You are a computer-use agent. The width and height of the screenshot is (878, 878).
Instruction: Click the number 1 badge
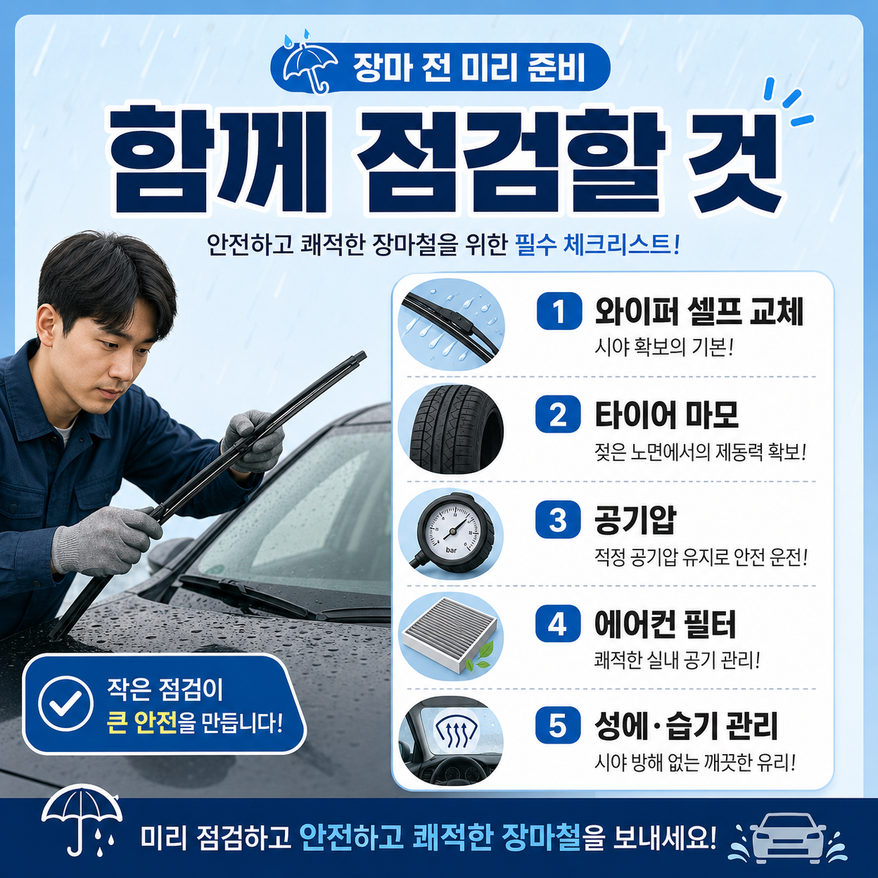coord(559,311)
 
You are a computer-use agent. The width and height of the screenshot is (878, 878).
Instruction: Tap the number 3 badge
coord(558,520)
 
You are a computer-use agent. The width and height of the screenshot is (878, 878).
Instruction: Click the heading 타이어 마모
coord(666,415)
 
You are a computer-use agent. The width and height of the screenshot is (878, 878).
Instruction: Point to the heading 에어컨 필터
coord(665,624)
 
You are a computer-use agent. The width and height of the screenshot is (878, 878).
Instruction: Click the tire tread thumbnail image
coord(451,429)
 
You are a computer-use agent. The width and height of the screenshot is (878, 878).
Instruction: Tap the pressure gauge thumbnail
coord(451,533)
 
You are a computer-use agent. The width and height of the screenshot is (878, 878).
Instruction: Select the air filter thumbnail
coord(451,637)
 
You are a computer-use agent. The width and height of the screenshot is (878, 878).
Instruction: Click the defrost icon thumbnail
coord(451,741)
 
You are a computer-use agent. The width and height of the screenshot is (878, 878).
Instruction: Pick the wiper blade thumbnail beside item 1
coord(451,324)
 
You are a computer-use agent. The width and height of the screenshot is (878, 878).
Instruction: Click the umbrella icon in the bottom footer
coord(82,825)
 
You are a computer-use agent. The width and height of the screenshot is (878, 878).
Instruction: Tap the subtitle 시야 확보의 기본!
coord(663,348)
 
